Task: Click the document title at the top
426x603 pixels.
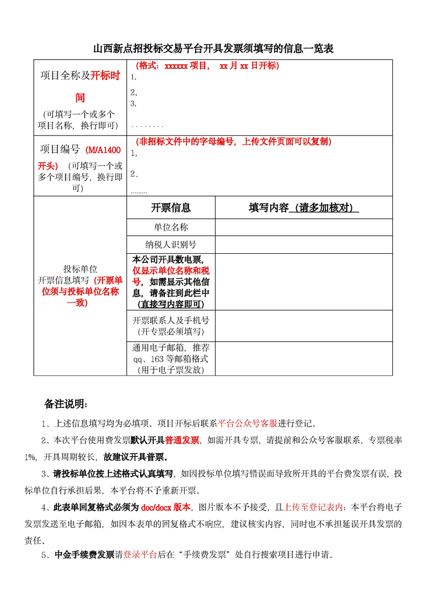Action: (213, 49)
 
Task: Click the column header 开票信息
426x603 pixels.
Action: (171, 208)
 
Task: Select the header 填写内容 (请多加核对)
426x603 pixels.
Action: (304, 208)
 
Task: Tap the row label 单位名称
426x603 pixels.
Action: (171, 227)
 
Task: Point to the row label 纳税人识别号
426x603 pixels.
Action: (171, 245)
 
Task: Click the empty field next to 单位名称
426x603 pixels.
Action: (304, 227)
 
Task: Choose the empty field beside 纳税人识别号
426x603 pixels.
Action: (304, 245)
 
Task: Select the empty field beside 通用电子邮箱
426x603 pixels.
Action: (304, 358)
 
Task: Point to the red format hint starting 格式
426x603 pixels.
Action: (207, 66)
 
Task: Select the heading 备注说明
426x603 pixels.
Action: (66, 404)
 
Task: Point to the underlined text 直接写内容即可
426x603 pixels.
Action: (170, 304)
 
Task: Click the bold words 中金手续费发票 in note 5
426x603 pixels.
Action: (84, 555)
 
